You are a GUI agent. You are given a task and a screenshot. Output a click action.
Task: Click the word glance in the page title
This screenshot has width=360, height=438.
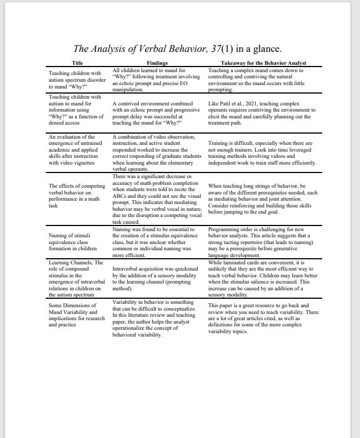point(267,50)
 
